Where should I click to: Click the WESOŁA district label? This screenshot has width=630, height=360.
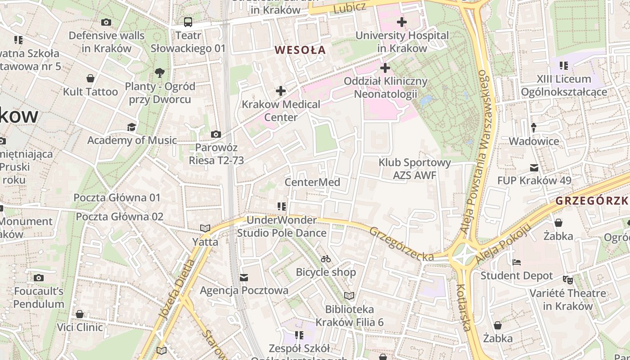(300, 50)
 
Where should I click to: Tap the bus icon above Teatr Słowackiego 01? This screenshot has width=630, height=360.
(188, 22)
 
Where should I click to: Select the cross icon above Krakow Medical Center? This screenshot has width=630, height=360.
(281, 91)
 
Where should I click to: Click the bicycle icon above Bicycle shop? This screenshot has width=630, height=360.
(326, 259)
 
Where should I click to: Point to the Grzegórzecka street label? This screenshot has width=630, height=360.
(401, 244)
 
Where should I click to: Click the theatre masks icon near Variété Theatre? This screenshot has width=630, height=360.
(568, 280)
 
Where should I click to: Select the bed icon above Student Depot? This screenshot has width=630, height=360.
(517, 262)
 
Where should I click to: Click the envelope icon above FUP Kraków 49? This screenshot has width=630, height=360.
(534, 168)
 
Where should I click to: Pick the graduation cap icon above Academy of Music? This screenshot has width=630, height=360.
(131, 127)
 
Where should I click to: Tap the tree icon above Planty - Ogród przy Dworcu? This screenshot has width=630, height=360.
(159, 72)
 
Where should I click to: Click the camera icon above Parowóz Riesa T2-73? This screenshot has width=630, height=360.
(216, 134)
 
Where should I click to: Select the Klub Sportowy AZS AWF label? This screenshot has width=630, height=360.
(414, 169)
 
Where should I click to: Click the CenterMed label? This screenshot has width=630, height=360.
(312, 182)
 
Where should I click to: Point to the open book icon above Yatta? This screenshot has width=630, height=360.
(205, 228)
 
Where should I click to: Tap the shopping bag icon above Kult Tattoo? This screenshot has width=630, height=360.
(90, 78)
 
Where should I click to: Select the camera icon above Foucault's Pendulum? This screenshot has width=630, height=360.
(39, 278)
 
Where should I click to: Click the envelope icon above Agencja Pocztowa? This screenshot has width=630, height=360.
(244, 277)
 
